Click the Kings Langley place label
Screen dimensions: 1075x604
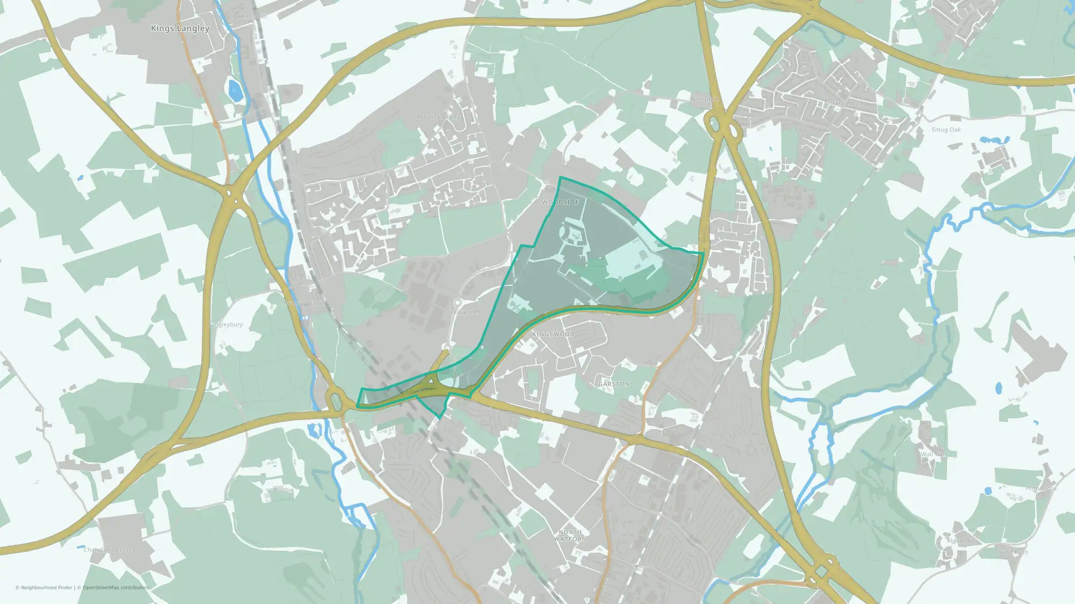click(x=180, y=28)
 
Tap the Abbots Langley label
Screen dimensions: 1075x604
click(x=438, y=117)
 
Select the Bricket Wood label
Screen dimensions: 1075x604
click(x=843, y=103)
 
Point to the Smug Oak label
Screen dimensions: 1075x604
click(x=946, y=130)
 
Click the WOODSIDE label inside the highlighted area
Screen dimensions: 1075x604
click(x=561, y=202)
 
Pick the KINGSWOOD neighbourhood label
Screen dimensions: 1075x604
click(x=553, y=334)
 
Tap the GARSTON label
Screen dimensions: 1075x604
click(x=614, y=384)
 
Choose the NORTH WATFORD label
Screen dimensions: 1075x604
click(x=570, y=535)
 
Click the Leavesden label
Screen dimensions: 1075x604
click(x=465, y=312)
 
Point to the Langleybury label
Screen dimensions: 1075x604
click(x=226, y=325)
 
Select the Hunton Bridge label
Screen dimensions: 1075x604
click(x=304, y=303)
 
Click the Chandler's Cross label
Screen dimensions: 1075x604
click(x=107, y=550)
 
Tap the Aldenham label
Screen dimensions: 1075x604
click(x=961, y=541)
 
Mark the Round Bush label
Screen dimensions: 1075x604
click(x=1011, y=552)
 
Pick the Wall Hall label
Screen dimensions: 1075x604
click(x=933, y=454)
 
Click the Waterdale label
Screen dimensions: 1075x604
click(x=704, y=99)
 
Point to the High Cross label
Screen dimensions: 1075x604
click(x=1041, y=488)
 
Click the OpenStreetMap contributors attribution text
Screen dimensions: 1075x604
click(x=115, y=587)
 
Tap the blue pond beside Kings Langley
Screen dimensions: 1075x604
click(x=234, y=90)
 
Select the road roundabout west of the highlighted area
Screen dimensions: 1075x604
click(x=336, y=401)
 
